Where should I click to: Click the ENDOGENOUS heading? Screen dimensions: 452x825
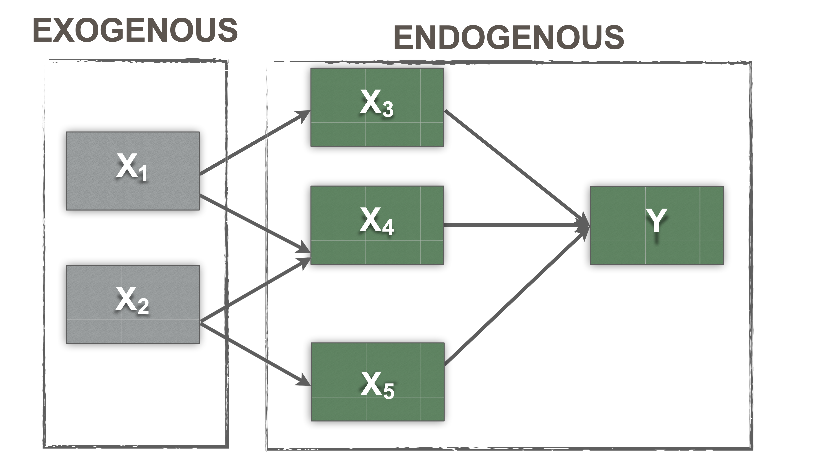pos(509,37)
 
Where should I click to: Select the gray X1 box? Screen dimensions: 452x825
pos(133,171)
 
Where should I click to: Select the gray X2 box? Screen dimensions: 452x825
pos(133,304)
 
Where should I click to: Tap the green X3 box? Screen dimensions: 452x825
pos(377,107)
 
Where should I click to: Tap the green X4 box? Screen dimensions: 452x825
pos(377,225)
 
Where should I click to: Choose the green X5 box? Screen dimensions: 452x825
pos(377,382)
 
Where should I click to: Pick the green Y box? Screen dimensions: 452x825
pos(656,225)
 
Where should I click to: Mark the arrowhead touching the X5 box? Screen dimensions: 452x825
pos(303,381)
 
